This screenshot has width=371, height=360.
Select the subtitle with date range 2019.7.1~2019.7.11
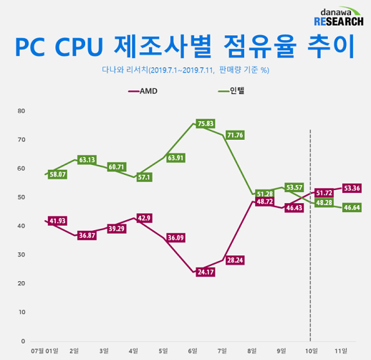(185, 70)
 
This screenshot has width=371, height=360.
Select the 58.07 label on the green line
(58, 174)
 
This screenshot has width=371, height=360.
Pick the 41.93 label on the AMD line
(58, 220)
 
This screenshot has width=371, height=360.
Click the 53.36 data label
(352, 188)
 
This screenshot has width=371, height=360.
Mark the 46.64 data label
(352, 207)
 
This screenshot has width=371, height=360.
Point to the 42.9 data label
(144, 218)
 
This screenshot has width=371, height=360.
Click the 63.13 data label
(87, 160)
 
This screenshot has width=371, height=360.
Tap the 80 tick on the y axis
(21, 111)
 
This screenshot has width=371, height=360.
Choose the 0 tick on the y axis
(23, 341)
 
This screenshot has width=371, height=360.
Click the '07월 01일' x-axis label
(45, 351)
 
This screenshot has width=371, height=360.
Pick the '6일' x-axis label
(192, 351)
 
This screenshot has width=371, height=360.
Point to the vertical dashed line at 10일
(309, 287)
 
